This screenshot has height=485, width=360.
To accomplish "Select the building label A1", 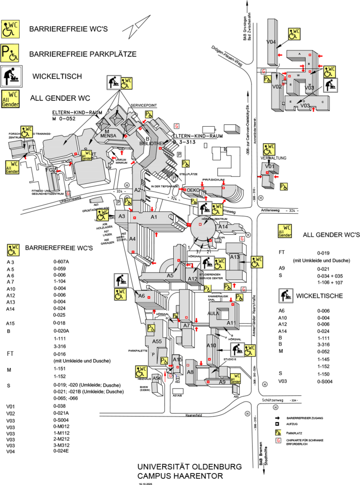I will click(x=154, y=217).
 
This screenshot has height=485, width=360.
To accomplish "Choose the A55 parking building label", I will click(x=157, y=341).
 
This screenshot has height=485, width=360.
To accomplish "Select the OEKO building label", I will click(x=192, y=190).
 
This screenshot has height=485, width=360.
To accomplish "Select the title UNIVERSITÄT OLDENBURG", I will click(x=180, y=467).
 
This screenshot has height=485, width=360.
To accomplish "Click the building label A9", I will click(x=222, y=382).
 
